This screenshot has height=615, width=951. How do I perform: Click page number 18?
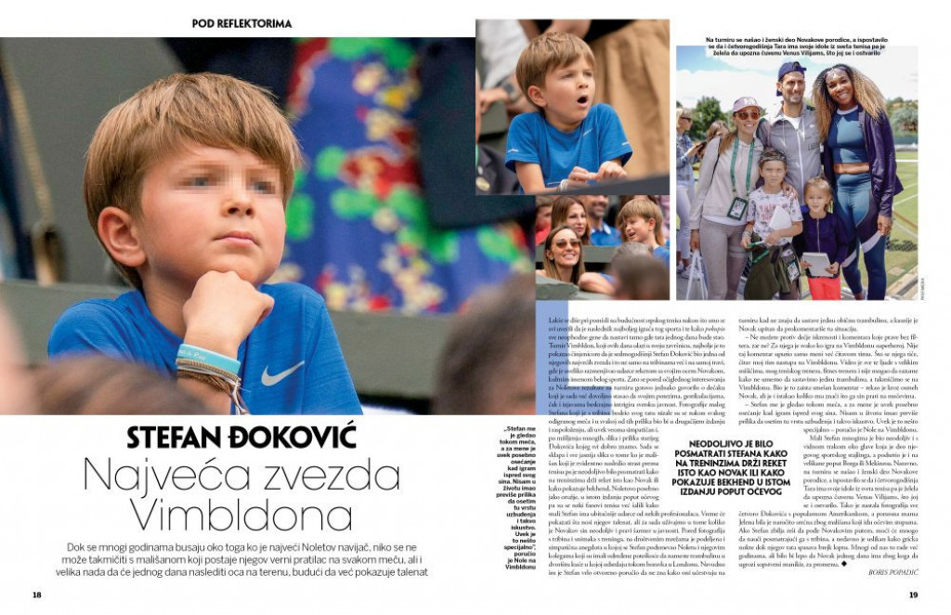click(37, 595)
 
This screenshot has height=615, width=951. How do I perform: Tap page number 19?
click(913, 595)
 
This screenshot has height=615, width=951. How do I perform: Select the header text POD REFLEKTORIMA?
click(241, 23)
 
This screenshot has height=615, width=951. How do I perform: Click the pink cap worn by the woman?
click(746, 103)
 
